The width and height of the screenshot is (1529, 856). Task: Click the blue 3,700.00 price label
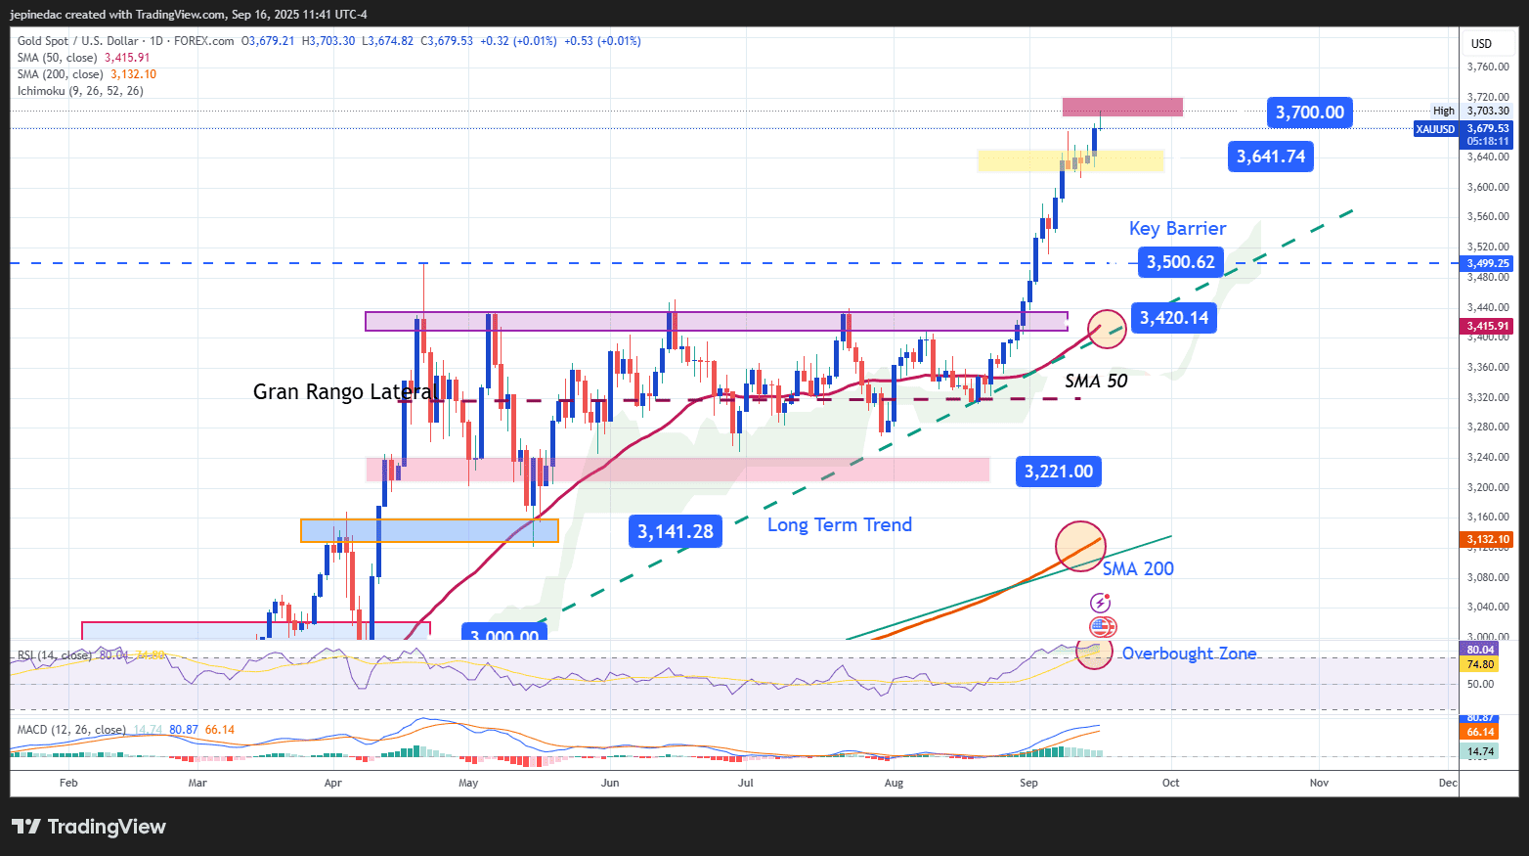(1310, 113)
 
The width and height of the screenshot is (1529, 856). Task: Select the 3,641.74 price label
(1270, 157)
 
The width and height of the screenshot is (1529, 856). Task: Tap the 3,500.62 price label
(1180, 262)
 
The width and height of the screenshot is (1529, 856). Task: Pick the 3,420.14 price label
(1173, 318)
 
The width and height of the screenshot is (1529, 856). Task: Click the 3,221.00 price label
(1059, 472)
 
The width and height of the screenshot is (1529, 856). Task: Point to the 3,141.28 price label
(676, 531)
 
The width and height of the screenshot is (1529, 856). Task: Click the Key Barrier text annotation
(1177, 228)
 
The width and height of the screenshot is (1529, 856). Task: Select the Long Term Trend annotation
(839, 525)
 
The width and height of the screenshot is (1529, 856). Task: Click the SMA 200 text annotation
(1138, 568)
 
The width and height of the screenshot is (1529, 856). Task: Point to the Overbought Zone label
(1189, 653)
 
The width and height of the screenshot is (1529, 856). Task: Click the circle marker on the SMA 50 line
(1107, 329)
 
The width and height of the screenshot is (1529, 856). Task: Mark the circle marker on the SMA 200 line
(1080, 546)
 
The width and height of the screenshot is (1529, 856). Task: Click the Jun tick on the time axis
(610, 783)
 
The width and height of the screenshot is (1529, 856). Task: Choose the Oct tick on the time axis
(1170, 783)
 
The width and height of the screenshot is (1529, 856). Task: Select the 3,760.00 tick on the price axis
(1488, 67)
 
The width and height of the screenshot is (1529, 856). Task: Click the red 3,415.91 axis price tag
(1487, 326)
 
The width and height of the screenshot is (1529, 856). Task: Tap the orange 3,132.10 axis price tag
(1487, 539)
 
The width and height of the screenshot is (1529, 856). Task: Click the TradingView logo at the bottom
(89, 827)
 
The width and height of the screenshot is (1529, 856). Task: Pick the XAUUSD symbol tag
(1435, 129)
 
